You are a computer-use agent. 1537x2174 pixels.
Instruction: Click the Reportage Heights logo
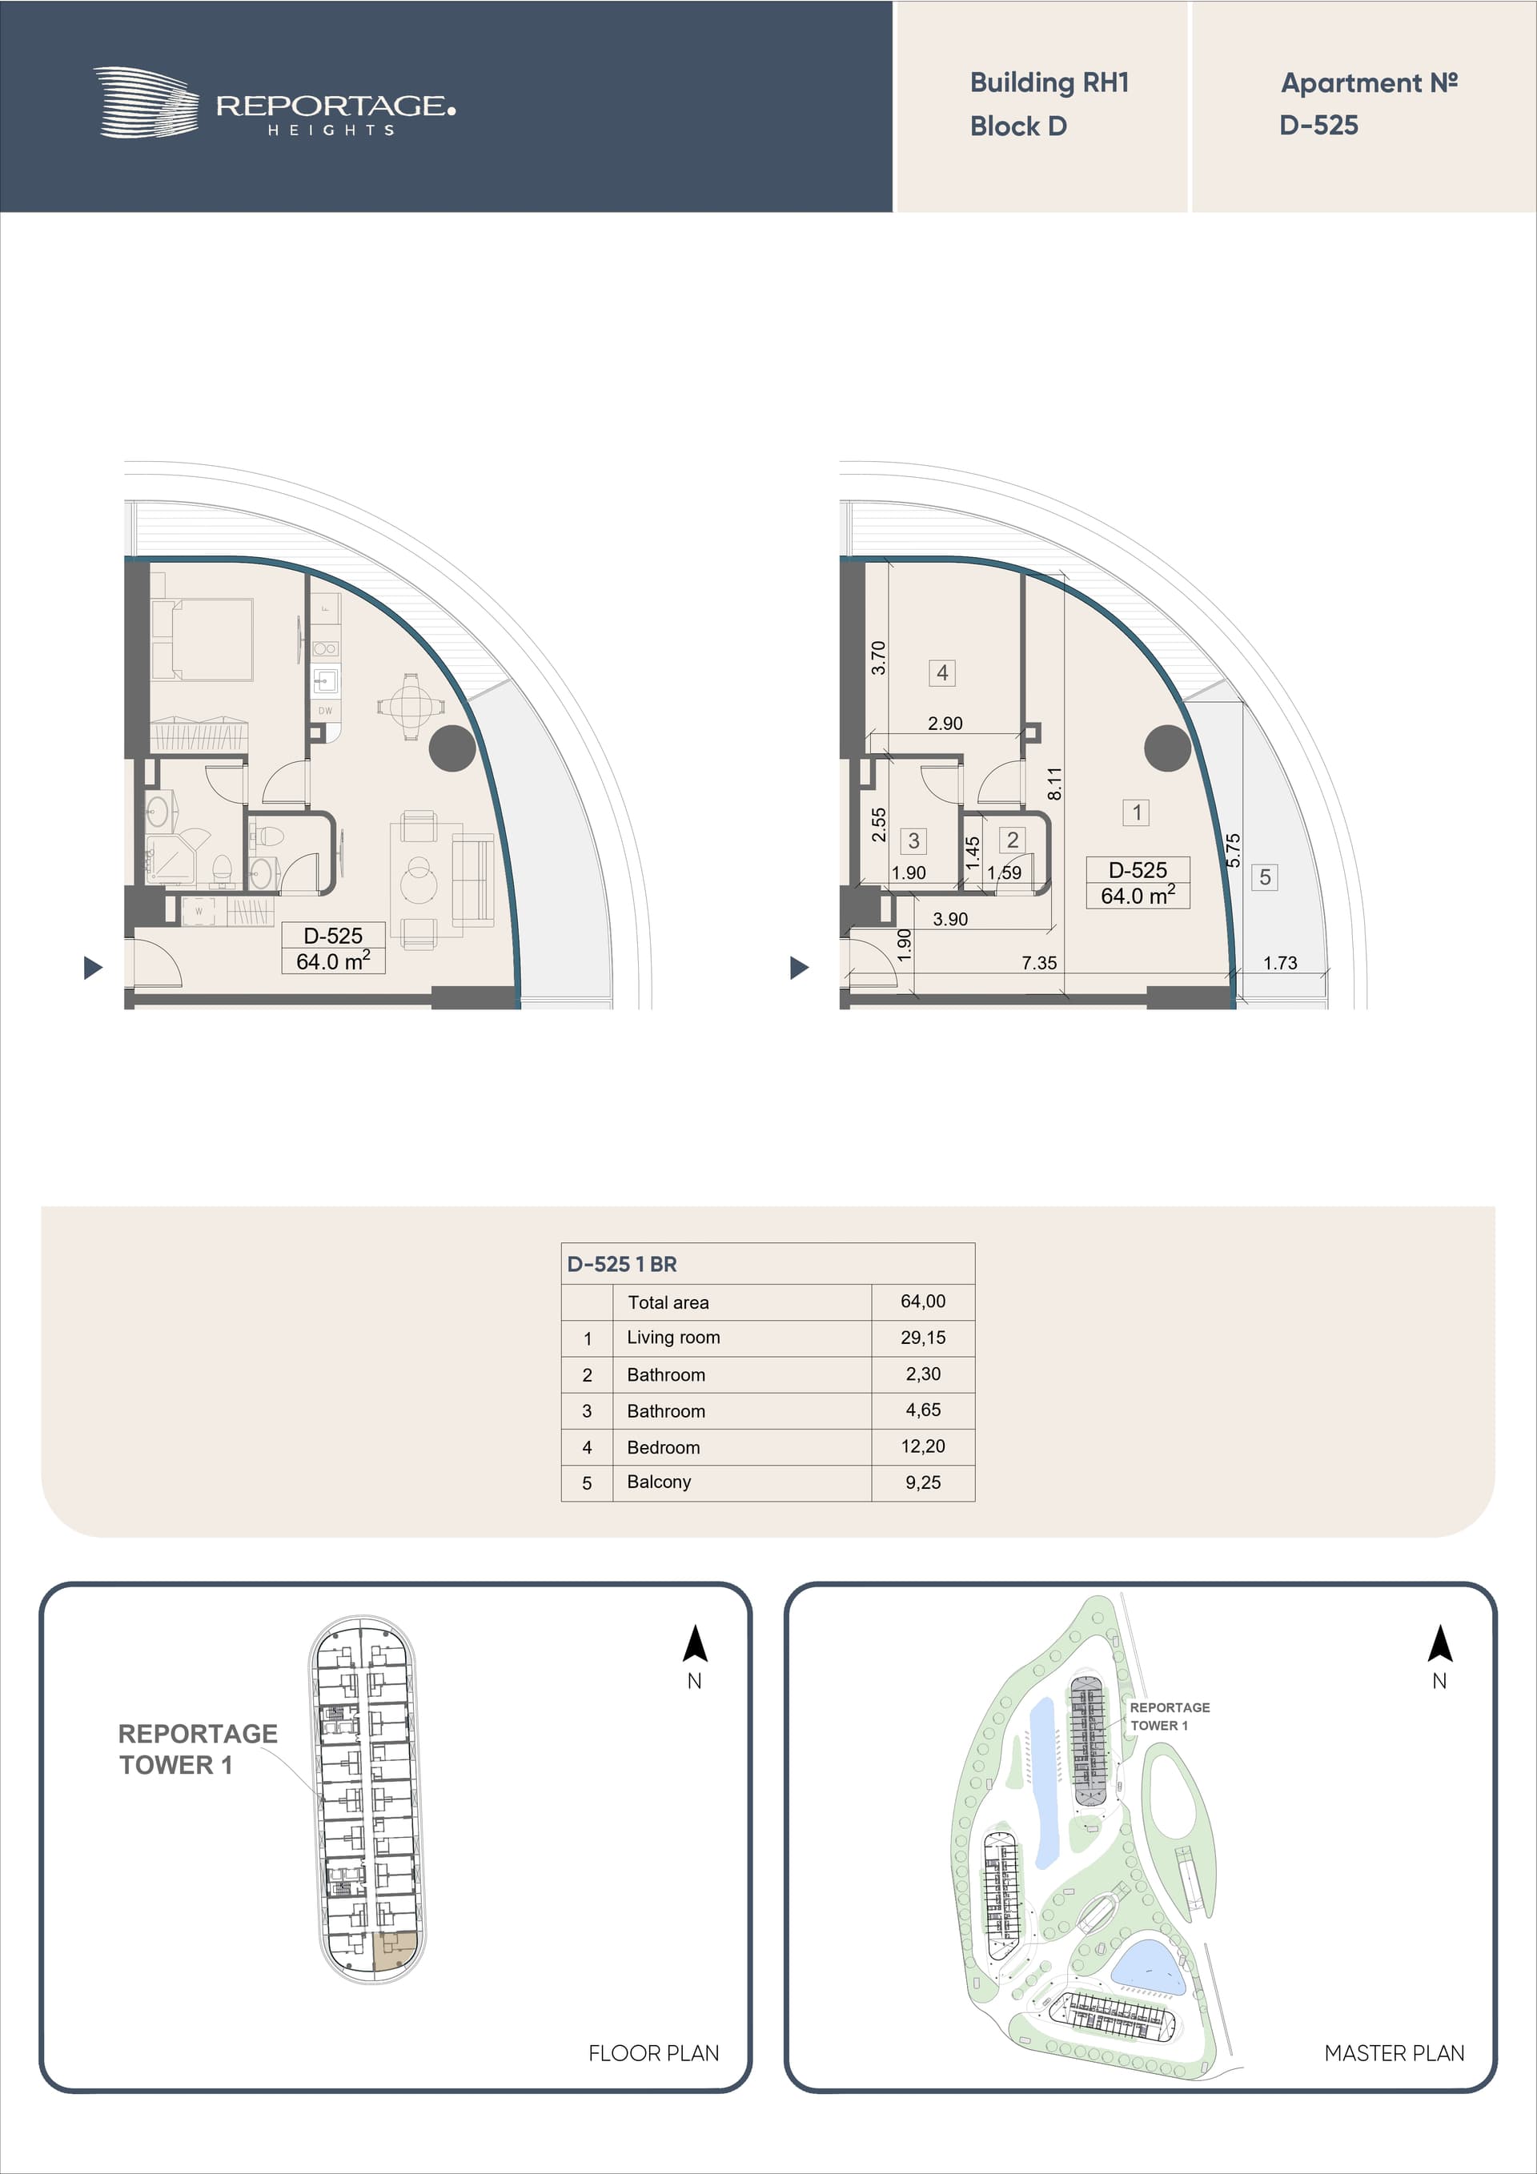tap(274, 103)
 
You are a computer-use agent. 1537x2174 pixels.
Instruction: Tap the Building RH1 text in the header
tap(1049, 83)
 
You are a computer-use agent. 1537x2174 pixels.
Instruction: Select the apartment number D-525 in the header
tap(1318, 125)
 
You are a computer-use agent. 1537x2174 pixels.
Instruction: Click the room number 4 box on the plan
tap(941, 672)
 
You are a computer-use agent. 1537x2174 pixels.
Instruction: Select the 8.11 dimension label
tap(1055, 783)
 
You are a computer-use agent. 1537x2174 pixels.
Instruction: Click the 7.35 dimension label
tap(1039, 963)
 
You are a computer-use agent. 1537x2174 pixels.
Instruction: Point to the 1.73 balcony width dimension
tap(1279, 963)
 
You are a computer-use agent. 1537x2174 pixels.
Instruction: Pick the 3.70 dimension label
tap(878, 658)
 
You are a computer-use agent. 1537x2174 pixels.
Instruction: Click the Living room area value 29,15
tap(922, 1338)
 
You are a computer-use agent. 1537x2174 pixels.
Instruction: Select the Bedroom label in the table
tap(663, 1447)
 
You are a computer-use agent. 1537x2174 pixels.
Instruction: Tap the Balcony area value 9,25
tap(922, 1482)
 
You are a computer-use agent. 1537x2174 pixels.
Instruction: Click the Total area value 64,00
tap(922, 1302)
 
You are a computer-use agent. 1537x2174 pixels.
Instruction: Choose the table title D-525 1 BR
tap(621, 1264)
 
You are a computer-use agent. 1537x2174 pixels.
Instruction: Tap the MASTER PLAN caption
tap(1394, 2053)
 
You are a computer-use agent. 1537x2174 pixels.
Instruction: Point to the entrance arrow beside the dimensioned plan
tap(799, 968)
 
